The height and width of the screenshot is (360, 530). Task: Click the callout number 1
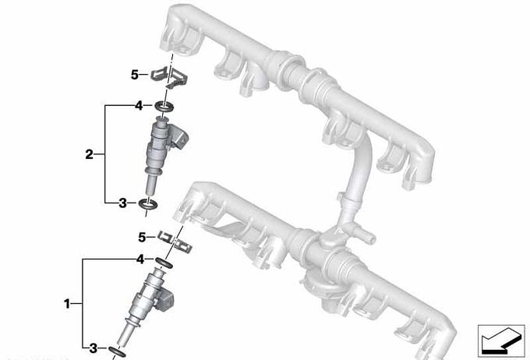point(67,304)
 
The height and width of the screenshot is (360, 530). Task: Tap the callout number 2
point(89,154)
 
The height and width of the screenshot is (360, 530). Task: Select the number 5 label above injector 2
point(135,75)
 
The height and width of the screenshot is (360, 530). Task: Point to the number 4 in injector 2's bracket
point(139,106)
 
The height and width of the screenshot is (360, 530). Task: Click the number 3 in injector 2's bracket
point(122,203)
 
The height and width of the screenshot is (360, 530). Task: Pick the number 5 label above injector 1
point(142,237)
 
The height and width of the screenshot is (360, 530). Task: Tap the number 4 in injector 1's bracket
point(140,259)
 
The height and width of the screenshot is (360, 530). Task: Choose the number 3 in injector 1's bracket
point(93,348)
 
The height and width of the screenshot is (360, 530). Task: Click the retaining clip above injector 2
point(169,78)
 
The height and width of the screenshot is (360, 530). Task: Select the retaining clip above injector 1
point(175,242)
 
